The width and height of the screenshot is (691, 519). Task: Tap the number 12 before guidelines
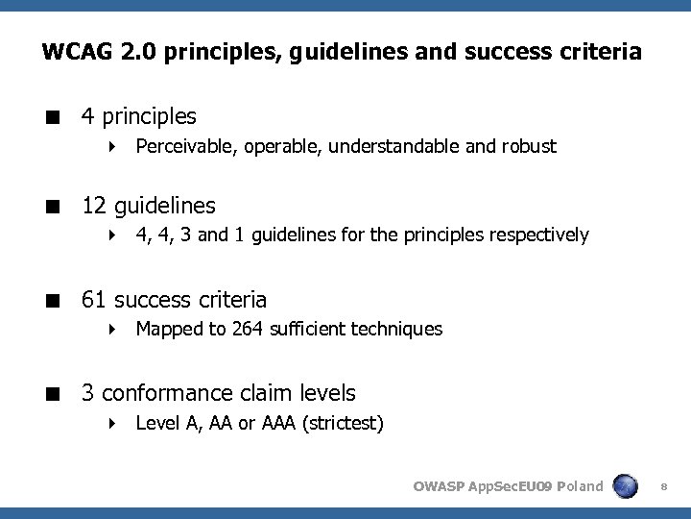coord(94,206)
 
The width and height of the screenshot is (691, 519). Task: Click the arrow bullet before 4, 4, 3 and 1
coord(113,235)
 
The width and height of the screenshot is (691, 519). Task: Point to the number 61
coord(94,300)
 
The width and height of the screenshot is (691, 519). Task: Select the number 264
coord(256,329)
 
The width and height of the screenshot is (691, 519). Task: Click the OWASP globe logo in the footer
coord(627,486)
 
